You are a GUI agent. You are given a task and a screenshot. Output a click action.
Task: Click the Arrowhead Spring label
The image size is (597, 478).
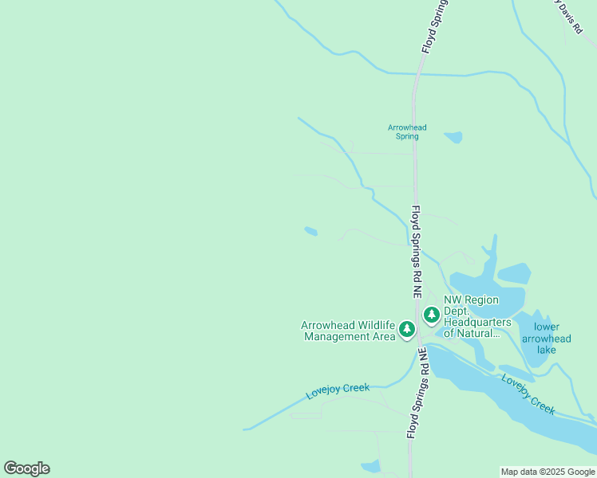(x=407, y=131)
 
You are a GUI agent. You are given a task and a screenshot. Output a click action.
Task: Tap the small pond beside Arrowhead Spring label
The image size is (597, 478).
(x=453, y=137)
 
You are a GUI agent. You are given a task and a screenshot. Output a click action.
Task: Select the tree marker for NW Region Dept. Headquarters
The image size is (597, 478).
(x=432, y=315)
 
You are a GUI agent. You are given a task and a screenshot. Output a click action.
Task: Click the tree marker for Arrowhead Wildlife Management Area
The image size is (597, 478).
(x=407, y=329)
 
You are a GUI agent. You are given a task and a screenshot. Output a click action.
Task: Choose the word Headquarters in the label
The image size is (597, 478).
(x=477, y=322)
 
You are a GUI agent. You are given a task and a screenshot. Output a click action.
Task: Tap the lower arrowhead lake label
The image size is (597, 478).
(x=552, y=339)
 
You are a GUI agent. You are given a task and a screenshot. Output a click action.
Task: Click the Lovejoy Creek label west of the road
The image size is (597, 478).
(x=338, y=391)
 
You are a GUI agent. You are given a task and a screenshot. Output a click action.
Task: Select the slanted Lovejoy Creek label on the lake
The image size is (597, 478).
(x=528, y=394)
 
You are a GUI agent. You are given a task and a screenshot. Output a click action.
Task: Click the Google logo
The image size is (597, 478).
(x=26, y=468)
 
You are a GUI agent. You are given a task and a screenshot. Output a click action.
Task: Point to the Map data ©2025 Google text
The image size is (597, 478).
(x=548, y=472)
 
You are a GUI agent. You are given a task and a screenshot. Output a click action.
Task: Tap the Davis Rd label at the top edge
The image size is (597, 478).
(x=569, y=18)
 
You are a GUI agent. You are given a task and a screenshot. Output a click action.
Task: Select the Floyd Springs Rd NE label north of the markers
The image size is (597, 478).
(x=417, y=252)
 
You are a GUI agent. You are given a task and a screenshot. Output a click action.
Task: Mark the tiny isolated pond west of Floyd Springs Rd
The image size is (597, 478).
(x=310, y=232)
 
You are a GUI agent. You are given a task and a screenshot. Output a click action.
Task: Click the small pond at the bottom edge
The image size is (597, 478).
(x=370, y=467)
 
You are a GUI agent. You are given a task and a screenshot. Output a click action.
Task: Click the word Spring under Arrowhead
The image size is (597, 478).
(x=407, y=136)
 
